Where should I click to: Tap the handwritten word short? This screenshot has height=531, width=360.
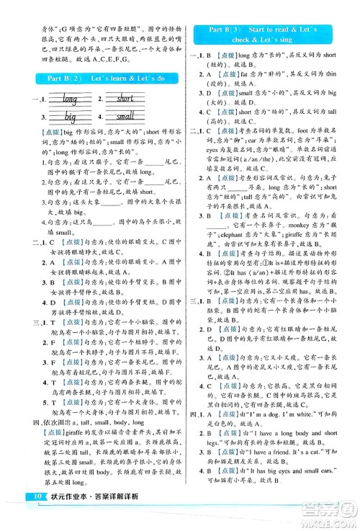coord(125,99)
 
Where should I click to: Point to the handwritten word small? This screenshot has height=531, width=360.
coord(125,116)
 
